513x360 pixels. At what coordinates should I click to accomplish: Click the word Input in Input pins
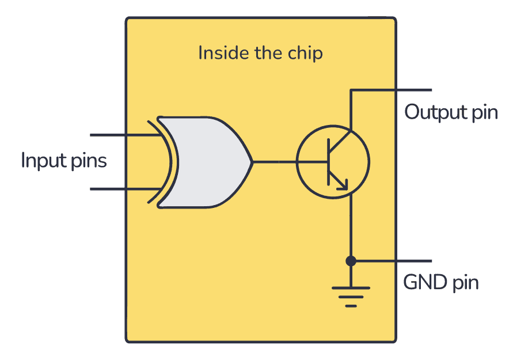click(x=41, y=160)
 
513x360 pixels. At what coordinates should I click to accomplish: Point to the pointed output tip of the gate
click(x=251, y=162)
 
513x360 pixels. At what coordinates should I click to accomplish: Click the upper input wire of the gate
click(x=121, y=136)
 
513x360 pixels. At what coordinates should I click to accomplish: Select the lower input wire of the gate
click(x=121, y=188)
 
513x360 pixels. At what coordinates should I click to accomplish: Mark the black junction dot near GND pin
click(x=350, y=261)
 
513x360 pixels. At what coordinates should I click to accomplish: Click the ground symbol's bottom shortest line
click(x=350, y=305)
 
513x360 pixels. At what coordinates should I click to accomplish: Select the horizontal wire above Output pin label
click(x=392, y=90)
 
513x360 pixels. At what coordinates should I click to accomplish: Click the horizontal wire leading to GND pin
click(x=392, y=261)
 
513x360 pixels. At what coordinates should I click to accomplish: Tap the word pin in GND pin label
click(x=465, y=283)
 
